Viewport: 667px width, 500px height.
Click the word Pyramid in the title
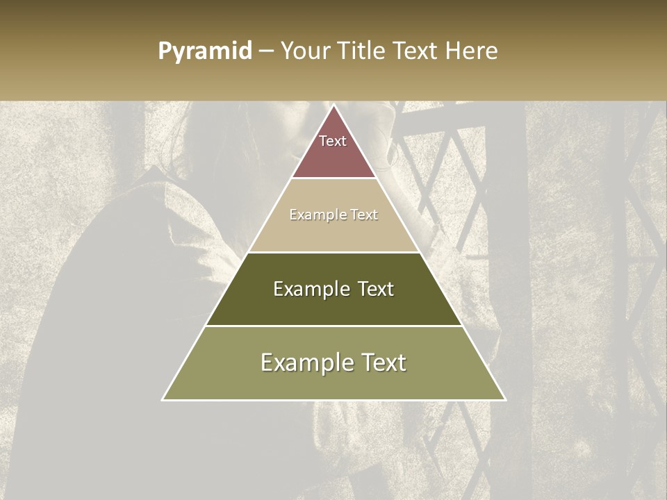(205, 51)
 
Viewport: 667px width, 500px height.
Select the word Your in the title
(304, 51)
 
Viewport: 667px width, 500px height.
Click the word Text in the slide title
(415, 51)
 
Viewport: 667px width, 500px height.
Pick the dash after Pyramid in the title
(265, 51)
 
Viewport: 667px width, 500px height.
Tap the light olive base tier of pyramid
(333, 382)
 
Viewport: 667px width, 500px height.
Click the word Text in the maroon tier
(333, 141)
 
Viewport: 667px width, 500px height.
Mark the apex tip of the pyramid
(334, 106)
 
